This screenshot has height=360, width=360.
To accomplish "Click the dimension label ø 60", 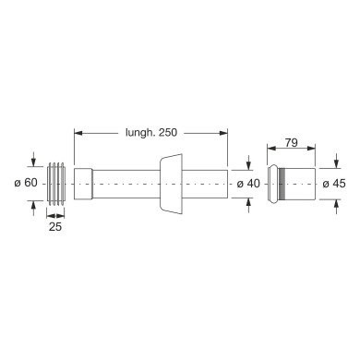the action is (x=26, y=183).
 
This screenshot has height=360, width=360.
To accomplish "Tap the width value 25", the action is (x=55, y=227).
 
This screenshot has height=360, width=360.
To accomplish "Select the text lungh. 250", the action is (x=151, y=132).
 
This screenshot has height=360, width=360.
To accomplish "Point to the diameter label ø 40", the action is (x=248, y=184).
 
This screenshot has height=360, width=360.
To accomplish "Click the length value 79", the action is (x=291, y=143).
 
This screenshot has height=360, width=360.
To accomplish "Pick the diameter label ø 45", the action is (x=334, y=184).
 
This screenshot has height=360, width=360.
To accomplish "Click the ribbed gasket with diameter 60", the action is (x=56, y=184).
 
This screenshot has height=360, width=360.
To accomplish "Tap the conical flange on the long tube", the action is (x=171, y=184).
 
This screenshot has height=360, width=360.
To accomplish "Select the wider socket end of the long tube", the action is (x=83, y=184).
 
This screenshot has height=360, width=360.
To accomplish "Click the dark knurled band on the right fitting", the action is (x=281, y=184).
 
